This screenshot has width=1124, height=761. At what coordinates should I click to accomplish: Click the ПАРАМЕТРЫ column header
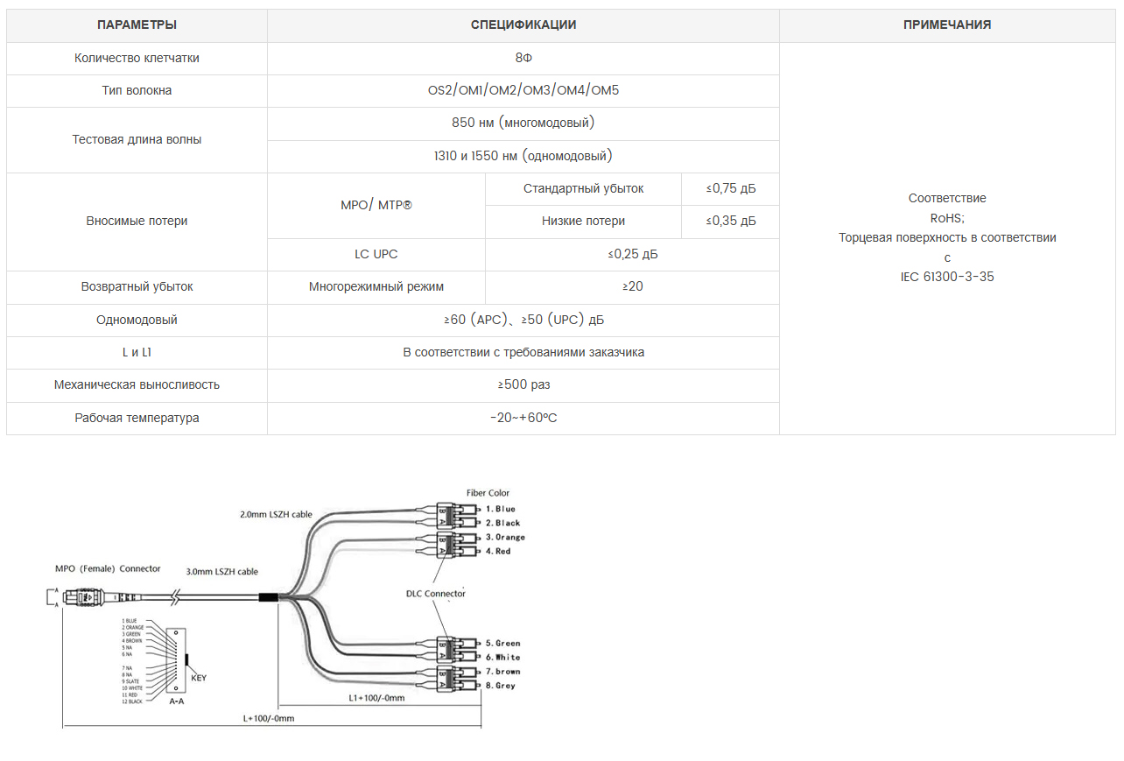137,25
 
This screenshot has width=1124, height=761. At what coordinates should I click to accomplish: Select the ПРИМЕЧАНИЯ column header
947,25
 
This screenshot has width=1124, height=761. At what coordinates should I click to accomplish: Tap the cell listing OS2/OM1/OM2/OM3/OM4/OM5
523,90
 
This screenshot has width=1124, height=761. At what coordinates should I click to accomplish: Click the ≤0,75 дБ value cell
731,188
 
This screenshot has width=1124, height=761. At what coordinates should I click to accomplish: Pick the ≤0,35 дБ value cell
731,222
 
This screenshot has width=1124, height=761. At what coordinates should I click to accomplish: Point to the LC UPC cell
376,255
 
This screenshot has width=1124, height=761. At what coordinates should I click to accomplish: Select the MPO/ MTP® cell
376,205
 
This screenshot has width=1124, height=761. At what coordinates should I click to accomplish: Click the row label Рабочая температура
137,419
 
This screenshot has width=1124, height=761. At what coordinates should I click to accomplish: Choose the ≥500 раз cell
523,385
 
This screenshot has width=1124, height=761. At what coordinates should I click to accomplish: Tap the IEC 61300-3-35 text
947,277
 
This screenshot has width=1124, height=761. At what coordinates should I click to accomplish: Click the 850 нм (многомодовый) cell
523,123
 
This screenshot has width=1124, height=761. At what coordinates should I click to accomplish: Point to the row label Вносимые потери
137,222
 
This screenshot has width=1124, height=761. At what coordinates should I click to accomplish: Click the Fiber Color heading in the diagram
488,493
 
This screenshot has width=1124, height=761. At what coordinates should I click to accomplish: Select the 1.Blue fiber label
501,509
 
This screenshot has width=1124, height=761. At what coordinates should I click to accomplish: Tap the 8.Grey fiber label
500,686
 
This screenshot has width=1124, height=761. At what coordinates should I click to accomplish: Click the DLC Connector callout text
436,594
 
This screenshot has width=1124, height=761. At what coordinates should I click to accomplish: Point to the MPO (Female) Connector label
108,569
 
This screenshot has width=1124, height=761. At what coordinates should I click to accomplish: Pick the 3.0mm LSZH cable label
221,572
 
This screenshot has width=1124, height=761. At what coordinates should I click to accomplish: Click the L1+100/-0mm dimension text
376,698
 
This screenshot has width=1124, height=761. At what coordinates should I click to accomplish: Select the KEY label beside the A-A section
199,678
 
